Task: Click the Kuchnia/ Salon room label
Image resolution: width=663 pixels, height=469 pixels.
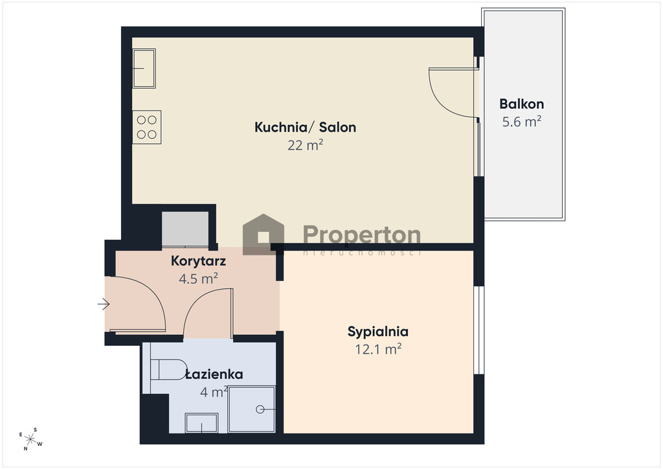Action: point(305,127)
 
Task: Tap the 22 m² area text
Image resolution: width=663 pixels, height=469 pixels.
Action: point(306,145)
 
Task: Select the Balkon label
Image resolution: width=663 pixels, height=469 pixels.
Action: point(521,104)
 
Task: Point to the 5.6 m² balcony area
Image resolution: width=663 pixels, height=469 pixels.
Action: point(521,122)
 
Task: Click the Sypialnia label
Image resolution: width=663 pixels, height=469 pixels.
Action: point(377,332)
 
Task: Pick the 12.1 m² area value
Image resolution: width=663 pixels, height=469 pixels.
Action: point(377,349)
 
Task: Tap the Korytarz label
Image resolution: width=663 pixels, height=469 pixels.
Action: point(198,261)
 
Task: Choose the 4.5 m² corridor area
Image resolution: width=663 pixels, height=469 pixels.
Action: point(198,279)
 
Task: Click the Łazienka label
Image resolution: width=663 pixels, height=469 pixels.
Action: point(214,374)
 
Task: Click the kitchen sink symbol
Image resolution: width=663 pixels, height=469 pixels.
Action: point(144,69)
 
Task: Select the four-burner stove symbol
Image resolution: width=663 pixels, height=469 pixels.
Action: point(147,128)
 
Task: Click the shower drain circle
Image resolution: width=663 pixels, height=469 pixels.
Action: point(260,409)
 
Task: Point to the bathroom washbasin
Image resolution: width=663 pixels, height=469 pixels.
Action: point(201,423)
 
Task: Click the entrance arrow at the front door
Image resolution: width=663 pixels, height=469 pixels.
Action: point(104,304)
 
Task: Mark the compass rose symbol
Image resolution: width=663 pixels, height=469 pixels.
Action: point(30,439)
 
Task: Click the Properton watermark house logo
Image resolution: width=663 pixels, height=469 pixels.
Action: point(263,234)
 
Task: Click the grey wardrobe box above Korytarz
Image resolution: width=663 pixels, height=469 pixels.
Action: point(185,229)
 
